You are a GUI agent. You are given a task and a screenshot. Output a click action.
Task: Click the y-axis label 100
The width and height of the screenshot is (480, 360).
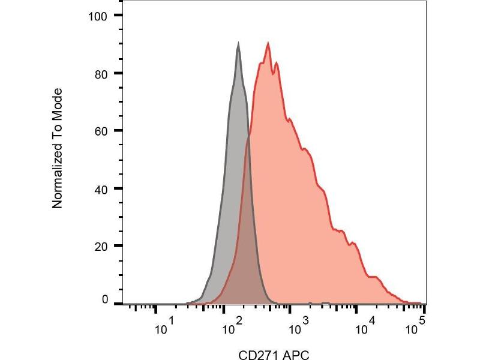97,16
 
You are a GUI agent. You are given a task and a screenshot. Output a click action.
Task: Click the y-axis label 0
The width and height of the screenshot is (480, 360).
104,299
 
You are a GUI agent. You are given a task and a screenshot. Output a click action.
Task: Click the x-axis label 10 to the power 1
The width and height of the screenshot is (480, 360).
164,328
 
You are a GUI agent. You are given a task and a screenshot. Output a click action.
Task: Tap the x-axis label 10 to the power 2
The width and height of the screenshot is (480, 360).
231,328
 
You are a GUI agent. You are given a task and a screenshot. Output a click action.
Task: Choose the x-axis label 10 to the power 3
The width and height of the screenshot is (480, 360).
298,328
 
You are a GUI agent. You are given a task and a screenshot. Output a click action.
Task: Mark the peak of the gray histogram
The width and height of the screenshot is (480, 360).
238,43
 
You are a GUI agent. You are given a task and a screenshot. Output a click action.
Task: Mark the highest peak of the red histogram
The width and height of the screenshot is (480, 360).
268,43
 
